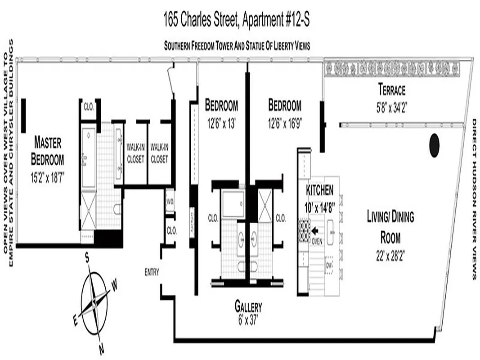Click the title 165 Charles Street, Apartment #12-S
(x=237, y=20)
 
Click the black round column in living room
(x=434, y=145)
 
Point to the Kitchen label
(x=320, y=190)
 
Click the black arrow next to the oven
(x=315, y=230)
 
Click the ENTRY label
(x=152, y=272)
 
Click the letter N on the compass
(x=102, y=347)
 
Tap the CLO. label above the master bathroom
(x=88, y=107)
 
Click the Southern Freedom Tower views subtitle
(x=237, y=45)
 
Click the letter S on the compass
(x=87, y=258)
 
